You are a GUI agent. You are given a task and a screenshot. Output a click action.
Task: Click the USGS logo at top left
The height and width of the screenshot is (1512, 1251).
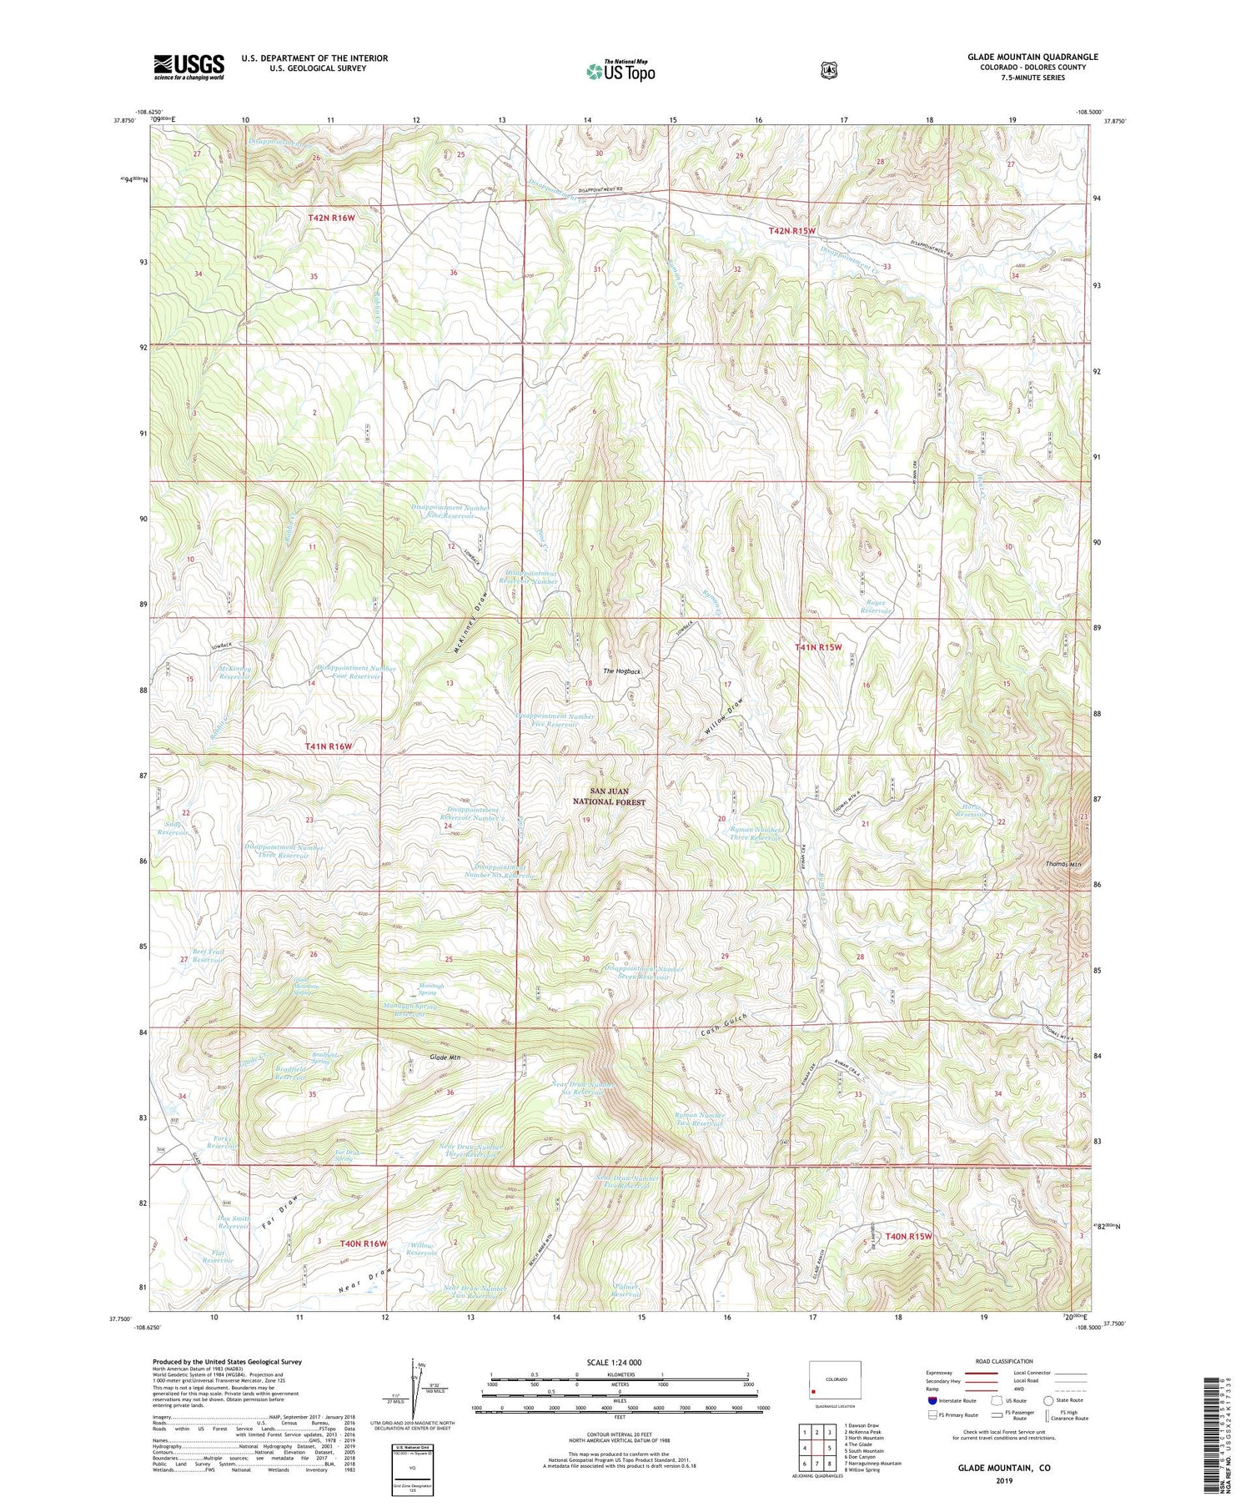188,67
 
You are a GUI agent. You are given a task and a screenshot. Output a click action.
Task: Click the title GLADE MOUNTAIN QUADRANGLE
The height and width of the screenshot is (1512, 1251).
1032,57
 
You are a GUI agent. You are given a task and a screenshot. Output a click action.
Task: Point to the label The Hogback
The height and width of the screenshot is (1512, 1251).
622,671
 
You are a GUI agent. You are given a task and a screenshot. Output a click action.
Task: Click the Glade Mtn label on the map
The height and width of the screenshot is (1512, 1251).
445,1057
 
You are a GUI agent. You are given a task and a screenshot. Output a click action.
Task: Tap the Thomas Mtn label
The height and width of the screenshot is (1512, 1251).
1063,864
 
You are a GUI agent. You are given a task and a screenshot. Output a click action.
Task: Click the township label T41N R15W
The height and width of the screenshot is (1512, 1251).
818,647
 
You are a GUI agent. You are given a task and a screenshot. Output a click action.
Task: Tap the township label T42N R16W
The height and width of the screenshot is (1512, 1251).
331,218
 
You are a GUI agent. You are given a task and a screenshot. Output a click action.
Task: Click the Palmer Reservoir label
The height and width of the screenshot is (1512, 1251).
626,1291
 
